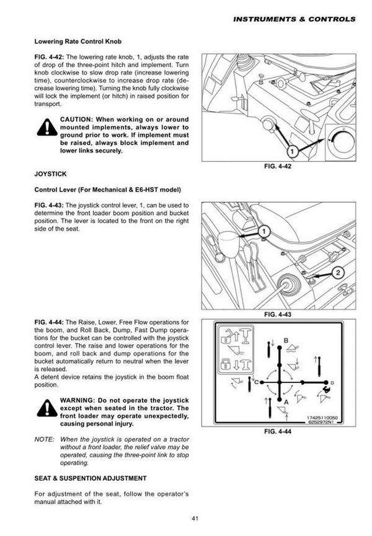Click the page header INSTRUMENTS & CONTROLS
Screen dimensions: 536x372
point(294,19)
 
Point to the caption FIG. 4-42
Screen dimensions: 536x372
point(278,167)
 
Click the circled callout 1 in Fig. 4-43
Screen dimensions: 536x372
point(263,231)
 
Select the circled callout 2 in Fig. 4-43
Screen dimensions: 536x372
point(339,271)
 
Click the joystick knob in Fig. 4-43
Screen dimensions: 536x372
point(227,242)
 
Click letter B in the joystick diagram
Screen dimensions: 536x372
point(286,340)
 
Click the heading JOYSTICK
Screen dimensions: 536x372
point(51,175)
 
